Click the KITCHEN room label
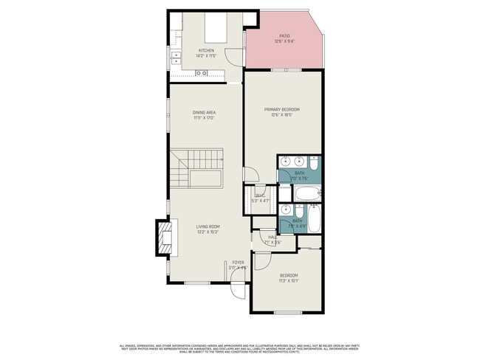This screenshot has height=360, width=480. pyautogui.click(x=205, y=50)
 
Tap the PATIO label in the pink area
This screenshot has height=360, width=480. pyautogui.click(x=284, y=35)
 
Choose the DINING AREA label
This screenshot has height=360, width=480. pyautogui.click(x=204, y=112)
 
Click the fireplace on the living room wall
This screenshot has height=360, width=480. pyautogui.click(x=163, y=238)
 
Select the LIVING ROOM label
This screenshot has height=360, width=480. pyautogui.click(x=208, y=226)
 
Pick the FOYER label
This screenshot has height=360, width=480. pyautogui.click(x=238, y=262)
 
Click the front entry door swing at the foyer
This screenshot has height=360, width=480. pyautogui.click(x=238, y=290)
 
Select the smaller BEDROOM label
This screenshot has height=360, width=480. pyautogui.click(x=288, y=275)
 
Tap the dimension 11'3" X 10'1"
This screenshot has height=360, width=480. pyautogui.click(x=288, y=281)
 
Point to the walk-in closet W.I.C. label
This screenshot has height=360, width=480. pyautogui.click(x=260, y=195)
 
